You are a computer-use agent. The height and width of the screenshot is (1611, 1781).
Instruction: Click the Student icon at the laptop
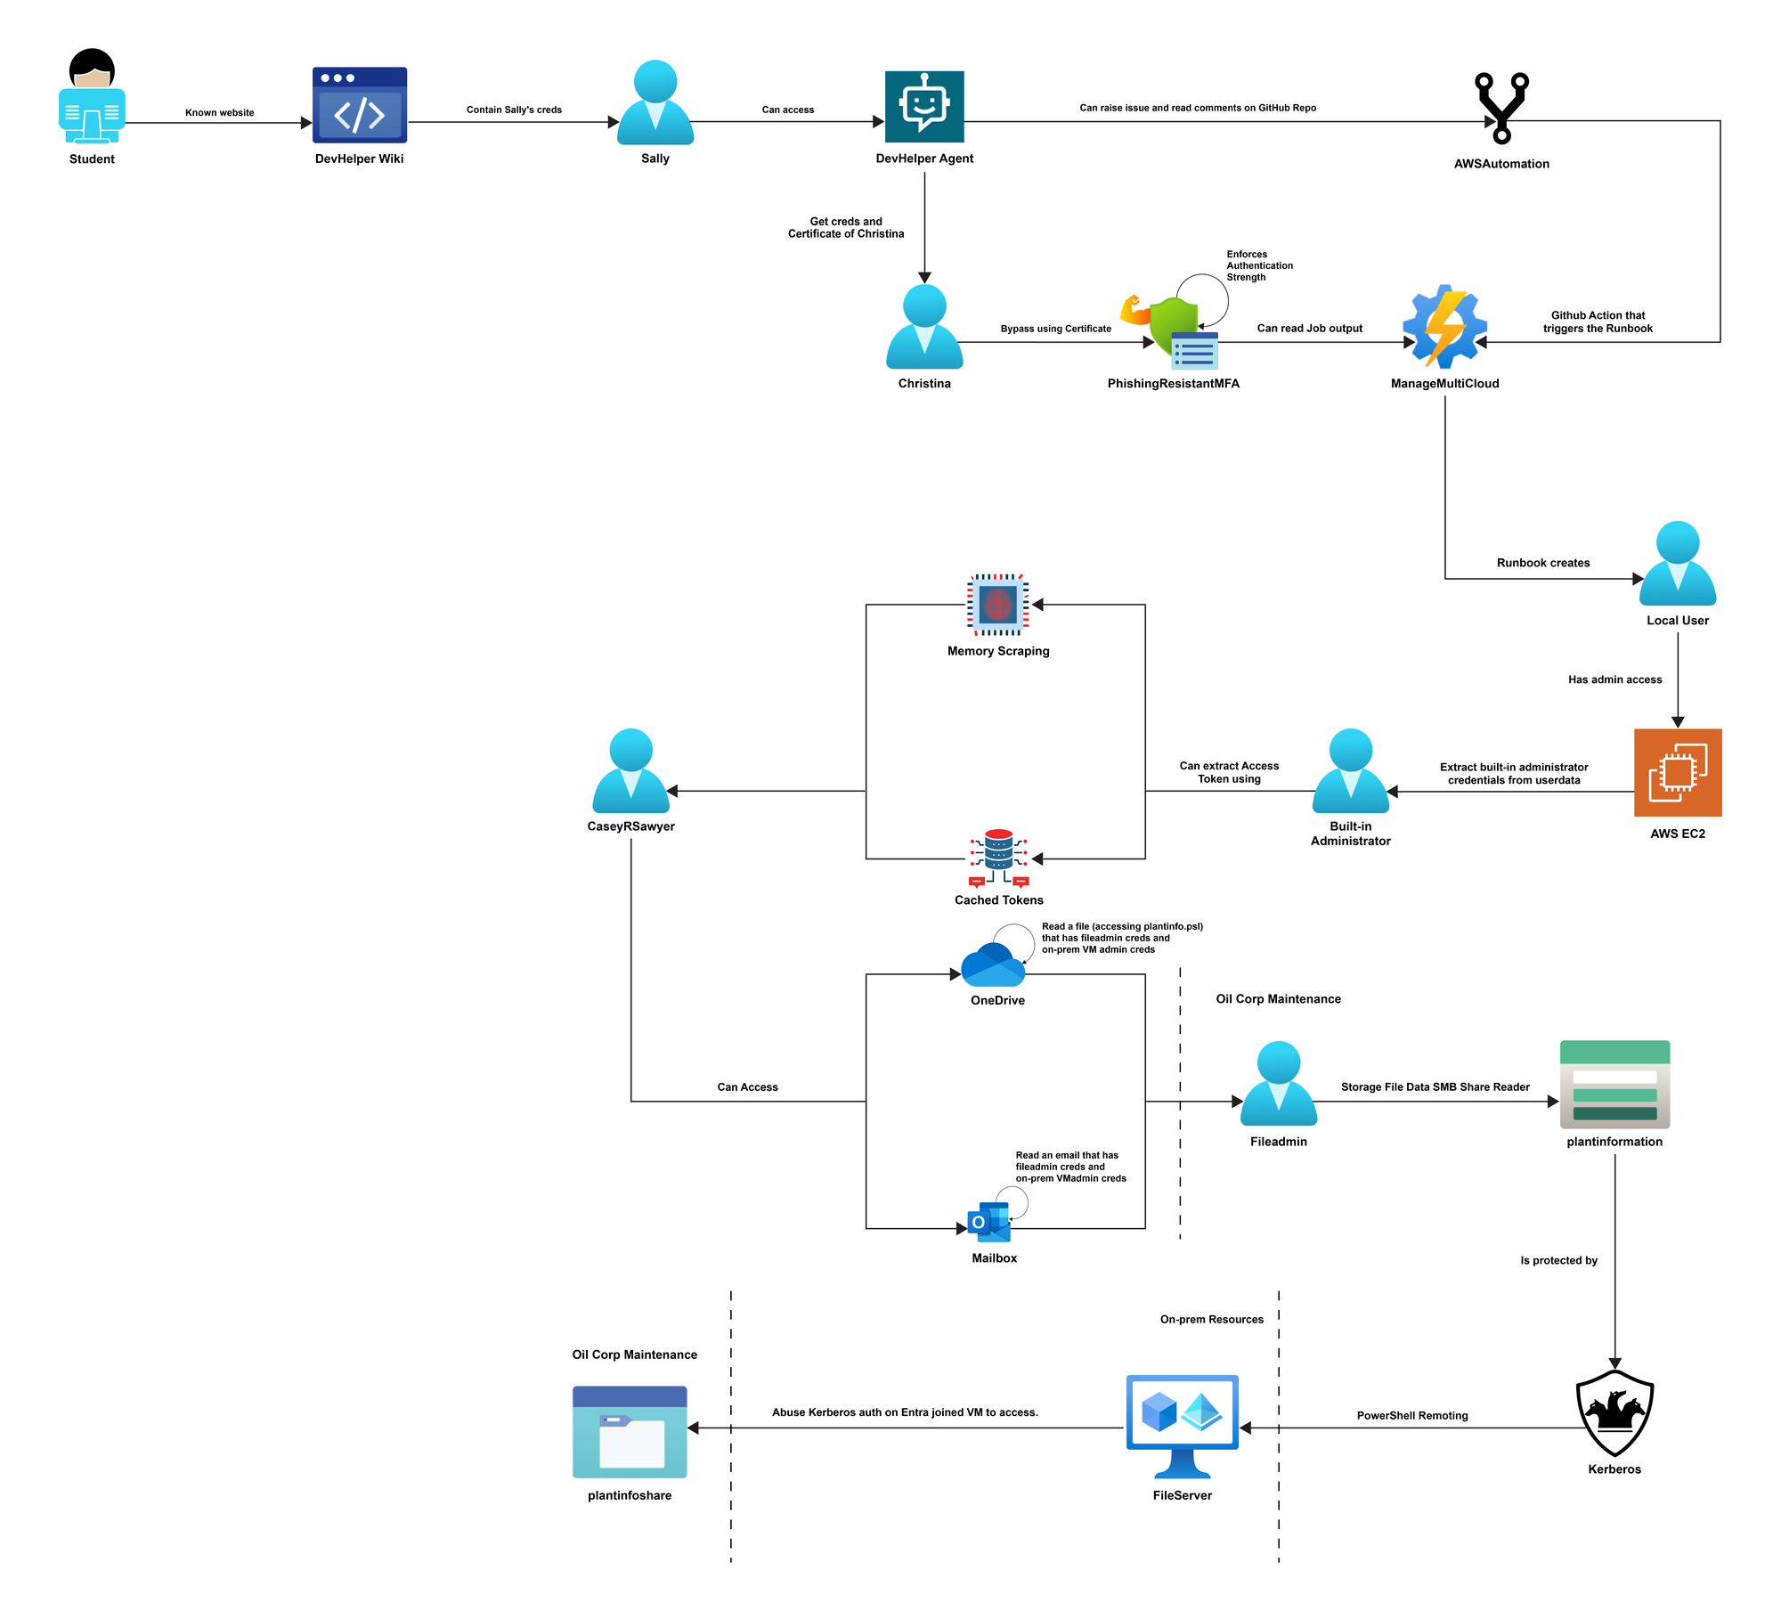92,96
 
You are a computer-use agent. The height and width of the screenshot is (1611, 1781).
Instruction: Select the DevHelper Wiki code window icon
360,105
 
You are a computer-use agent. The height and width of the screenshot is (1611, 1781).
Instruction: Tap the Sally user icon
655,102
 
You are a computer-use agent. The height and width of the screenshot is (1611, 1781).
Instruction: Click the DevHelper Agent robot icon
924,107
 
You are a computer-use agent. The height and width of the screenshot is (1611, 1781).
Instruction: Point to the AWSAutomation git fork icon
1501,108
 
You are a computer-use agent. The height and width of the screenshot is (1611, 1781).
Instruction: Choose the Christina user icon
924,327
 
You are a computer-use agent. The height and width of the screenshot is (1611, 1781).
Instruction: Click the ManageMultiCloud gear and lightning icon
1444,327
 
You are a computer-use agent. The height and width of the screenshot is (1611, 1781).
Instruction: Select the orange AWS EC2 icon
1678,773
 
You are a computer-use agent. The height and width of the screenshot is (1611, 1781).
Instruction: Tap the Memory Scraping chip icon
998,605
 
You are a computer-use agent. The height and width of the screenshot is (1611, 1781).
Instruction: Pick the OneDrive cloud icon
994,964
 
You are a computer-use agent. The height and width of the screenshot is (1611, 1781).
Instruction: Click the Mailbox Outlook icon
989,1223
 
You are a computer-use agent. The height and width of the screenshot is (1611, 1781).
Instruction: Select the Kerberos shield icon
1614,1413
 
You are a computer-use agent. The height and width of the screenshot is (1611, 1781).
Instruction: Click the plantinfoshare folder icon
630,1432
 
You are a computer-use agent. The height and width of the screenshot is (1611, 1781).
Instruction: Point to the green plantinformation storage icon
1614,1085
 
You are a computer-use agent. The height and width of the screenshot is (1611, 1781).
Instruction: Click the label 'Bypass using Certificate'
1056,329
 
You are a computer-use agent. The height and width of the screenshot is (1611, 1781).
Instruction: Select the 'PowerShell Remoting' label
1412,1415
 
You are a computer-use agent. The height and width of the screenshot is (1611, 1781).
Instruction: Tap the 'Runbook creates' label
1543,563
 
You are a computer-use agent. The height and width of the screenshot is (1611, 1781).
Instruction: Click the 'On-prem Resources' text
1211,1319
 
